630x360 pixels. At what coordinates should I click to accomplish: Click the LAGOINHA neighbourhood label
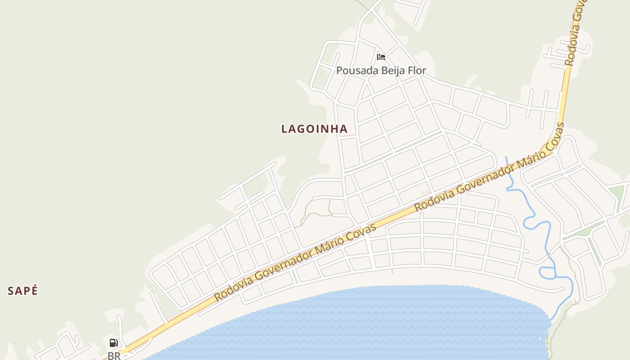tap(314, 129)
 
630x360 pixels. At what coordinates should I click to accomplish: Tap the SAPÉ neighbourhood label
tap(22, 291)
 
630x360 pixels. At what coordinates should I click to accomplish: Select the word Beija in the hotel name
tap(393, 71)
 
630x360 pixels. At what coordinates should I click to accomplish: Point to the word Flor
tap(417, 71)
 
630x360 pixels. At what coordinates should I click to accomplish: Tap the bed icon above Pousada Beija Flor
tap(381, 57)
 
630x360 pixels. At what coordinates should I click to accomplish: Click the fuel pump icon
tap(114, 343)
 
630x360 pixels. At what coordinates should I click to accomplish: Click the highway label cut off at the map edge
tap(574, 34)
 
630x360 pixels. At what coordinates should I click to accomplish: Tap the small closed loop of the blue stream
tap(546, 272)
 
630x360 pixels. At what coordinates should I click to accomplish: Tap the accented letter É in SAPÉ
tap(34, 291)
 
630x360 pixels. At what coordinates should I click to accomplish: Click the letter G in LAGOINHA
tap(305, 129)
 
